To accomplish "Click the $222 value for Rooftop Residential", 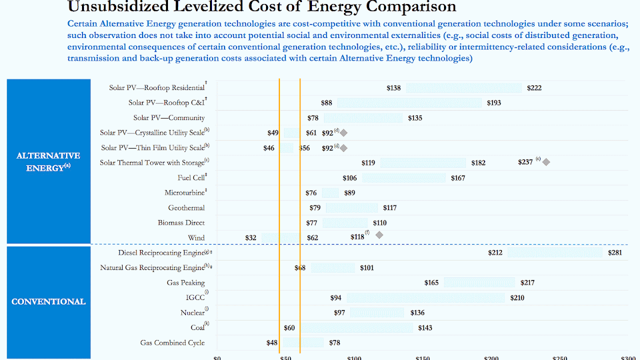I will point(533,88).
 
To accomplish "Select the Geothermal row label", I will point(186,208).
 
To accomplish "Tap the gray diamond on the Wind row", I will point(379,235).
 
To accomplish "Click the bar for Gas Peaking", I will point(479,282).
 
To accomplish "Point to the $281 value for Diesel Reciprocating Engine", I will point(615,252).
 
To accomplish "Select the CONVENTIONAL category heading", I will point(48,301).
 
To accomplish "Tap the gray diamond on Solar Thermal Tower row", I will point(546,162).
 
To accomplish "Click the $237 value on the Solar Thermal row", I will point(525,162).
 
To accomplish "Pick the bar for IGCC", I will point(425,298).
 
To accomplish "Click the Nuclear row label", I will point(192,313).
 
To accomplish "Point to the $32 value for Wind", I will point(250,238).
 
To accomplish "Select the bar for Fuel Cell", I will point(403,178).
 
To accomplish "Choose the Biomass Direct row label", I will point(181,223).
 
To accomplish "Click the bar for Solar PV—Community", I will point(363,118).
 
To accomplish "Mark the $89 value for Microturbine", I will point(349,193).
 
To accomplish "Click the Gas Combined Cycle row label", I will point(172,343).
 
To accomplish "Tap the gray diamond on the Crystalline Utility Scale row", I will point(343,132).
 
